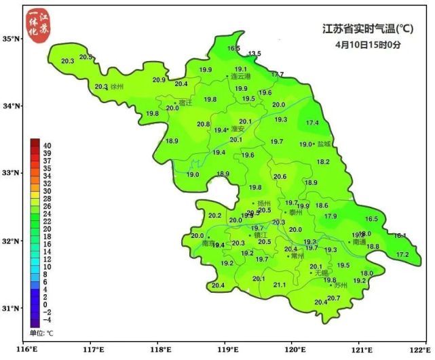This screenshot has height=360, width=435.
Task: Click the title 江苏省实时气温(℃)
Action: click(x=368, y=29)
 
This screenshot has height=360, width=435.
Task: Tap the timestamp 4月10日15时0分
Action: click(x=368, y=45)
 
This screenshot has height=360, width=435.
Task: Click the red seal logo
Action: click(x=37, y=26)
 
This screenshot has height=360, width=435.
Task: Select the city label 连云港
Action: click(x=241, y=77)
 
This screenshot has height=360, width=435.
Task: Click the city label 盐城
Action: click(x=324, y=144)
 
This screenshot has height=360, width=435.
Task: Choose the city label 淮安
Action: click(x=238, y=128)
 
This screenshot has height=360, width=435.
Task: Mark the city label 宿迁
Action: click(x=185, y=102)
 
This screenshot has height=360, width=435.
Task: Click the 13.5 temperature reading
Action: click(x=254, y=54)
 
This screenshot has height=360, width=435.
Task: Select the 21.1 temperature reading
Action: click(x=279, y=285)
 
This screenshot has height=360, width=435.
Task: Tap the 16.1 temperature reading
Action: click(x=400, y=236)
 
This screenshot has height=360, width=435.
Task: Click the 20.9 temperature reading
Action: click(x=159, y=80)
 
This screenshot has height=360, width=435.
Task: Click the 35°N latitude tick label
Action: click(x=12, y=39)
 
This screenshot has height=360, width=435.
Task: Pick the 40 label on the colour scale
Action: click(x=48, y=145)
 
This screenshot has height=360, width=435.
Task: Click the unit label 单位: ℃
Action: click(x=41, y=333)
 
